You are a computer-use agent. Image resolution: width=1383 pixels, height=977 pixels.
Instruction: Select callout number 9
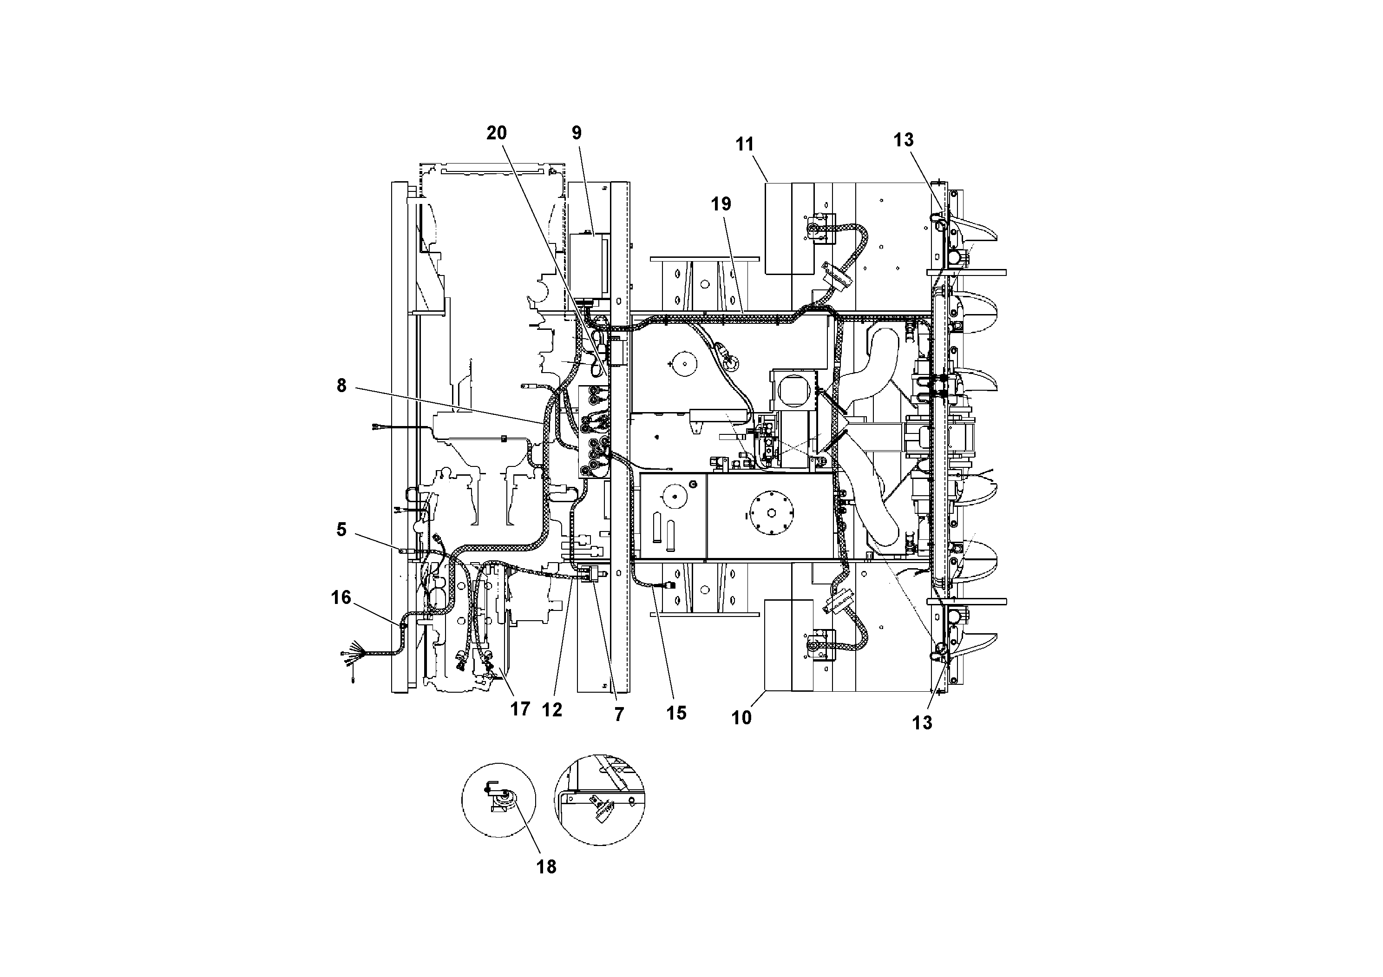click(577, 133)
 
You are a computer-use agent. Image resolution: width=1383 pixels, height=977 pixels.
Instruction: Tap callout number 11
click(745, 144)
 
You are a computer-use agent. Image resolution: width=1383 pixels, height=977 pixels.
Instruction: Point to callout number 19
click(721, 204)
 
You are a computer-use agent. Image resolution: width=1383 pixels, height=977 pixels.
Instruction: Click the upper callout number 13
click(903, 140)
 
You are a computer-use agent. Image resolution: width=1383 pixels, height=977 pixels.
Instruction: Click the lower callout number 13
click(922, 723)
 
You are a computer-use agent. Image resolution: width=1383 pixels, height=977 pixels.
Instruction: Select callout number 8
click(341, 386)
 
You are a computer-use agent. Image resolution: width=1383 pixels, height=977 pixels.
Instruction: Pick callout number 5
click(341, 530)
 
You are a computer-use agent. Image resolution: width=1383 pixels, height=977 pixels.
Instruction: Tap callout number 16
click(341, 597)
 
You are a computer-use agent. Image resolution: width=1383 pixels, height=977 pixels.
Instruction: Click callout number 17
click(520, 709)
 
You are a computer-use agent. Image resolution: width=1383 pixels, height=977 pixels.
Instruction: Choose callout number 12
click(552, 710)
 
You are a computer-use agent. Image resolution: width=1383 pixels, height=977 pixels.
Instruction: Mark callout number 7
click(619, 715)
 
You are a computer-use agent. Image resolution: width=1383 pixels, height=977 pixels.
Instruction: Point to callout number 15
click(676, 713)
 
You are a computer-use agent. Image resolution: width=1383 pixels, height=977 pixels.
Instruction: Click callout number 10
click(741, 717)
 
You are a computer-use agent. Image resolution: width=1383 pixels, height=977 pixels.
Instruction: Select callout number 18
click(546, 867)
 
